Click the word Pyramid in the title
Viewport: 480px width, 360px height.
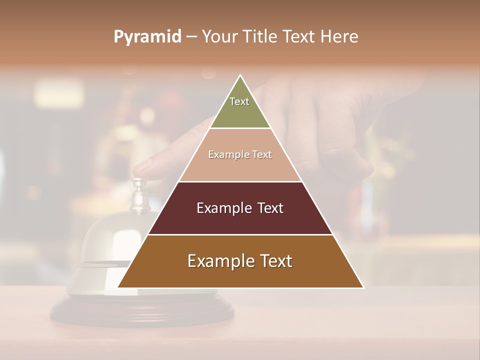(147, 37)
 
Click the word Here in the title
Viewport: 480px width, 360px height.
(339, 37)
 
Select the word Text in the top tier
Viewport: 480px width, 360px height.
(239, 101)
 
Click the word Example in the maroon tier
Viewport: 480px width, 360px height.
(222, 208)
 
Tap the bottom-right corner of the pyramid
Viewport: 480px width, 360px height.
(362, 287)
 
